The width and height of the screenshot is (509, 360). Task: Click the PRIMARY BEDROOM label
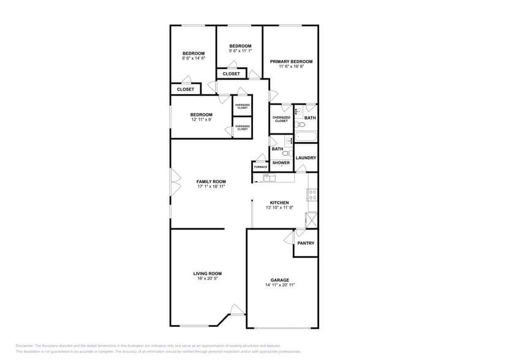click(292, 61)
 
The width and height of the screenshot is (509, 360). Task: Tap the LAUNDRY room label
click(306, 158)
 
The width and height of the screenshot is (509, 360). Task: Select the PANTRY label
click(306, 243)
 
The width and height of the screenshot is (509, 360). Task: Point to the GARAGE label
click(280, 280)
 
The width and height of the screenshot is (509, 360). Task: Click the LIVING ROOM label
click(208, 273)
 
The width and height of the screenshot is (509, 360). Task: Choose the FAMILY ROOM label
click(211, 181)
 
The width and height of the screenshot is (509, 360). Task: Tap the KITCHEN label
click(279, 203)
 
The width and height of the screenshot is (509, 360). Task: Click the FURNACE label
click(260, 167)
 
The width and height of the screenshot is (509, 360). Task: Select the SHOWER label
click(281, 163)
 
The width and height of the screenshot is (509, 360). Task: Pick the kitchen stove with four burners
click(312, 195)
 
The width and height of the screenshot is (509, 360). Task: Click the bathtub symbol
click(305, 137)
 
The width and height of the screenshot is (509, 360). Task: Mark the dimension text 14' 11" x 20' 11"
click(280, 285)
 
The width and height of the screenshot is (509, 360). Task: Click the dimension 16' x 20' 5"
click(208, 279)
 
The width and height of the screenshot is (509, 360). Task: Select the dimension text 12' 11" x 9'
click(201, 119)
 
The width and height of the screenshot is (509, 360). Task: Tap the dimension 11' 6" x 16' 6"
click(292, 67)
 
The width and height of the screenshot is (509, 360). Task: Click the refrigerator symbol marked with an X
click(312, 220)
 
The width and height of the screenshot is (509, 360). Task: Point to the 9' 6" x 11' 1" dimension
click(240, 51)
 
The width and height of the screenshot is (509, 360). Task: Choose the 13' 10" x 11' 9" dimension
click(279, 208)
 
